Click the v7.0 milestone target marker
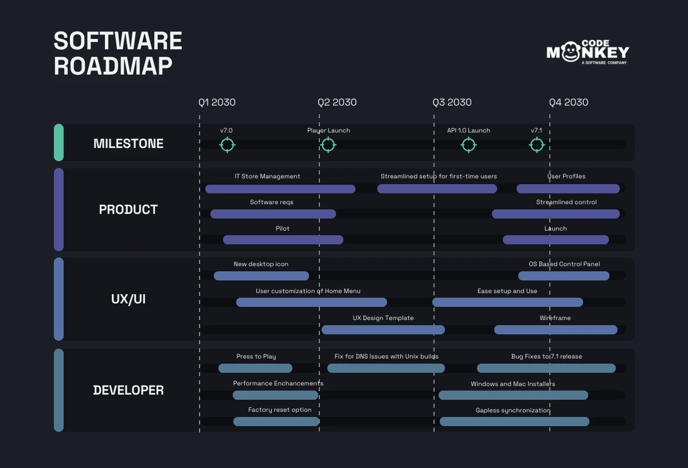[x=227, y=145]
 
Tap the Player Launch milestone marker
[x=328, y=145]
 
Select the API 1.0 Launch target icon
[x=468, y=145]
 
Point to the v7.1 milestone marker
[x=537, y=145]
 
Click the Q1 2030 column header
[x=217, y=103]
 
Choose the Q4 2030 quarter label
[x=568, y=103]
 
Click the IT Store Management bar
[x=280, y=189]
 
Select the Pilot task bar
[x=283, y=240]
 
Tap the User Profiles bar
[x=568, y=189]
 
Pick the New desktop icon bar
[x=261, y=276]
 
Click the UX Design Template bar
[x=383, y=330]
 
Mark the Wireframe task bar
[x=556, y=330]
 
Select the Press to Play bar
[x=255, y=368]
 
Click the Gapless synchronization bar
[x=514, y=422]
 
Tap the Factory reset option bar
[x=276, y=422]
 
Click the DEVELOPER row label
[x=128, y=391]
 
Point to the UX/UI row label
[x=128, y=299]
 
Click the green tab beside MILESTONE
[x=58, y=142]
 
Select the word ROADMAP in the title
[x=113, y=67]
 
